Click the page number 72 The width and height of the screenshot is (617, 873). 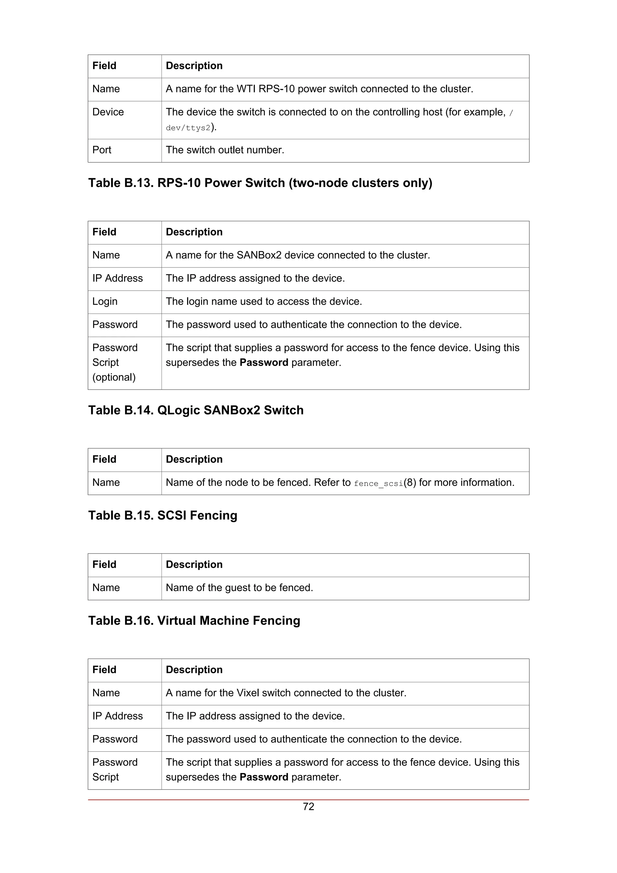click(x=308, y=806)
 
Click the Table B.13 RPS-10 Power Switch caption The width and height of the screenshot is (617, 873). click(x=260, y=183)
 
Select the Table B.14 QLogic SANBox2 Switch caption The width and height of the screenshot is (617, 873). click(x=196, y=410)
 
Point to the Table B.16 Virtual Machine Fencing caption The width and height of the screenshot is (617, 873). click(x=194, y=620)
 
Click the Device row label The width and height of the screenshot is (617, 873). click(x=108, y=112)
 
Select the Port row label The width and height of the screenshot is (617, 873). click(x=102, y=150)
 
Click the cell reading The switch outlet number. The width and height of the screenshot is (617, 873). click(x=225, y=150)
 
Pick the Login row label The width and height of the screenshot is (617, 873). click(x=105, y=301)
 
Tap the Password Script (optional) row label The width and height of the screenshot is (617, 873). click(x=115, y=362)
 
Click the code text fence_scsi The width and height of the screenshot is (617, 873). click(x=378, y=483)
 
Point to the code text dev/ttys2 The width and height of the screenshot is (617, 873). click(x=188, y=128)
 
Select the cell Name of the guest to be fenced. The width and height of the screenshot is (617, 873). click(x=239, y=587)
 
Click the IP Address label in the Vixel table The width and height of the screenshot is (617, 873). click(x=117, y=716)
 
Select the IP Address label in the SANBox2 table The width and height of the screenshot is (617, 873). click(x=117, y=278)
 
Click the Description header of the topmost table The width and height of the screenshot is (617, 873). click(x=194, y=66)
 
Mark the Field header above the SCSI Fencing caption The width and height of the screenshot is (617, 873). click(x=104, y=459)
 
